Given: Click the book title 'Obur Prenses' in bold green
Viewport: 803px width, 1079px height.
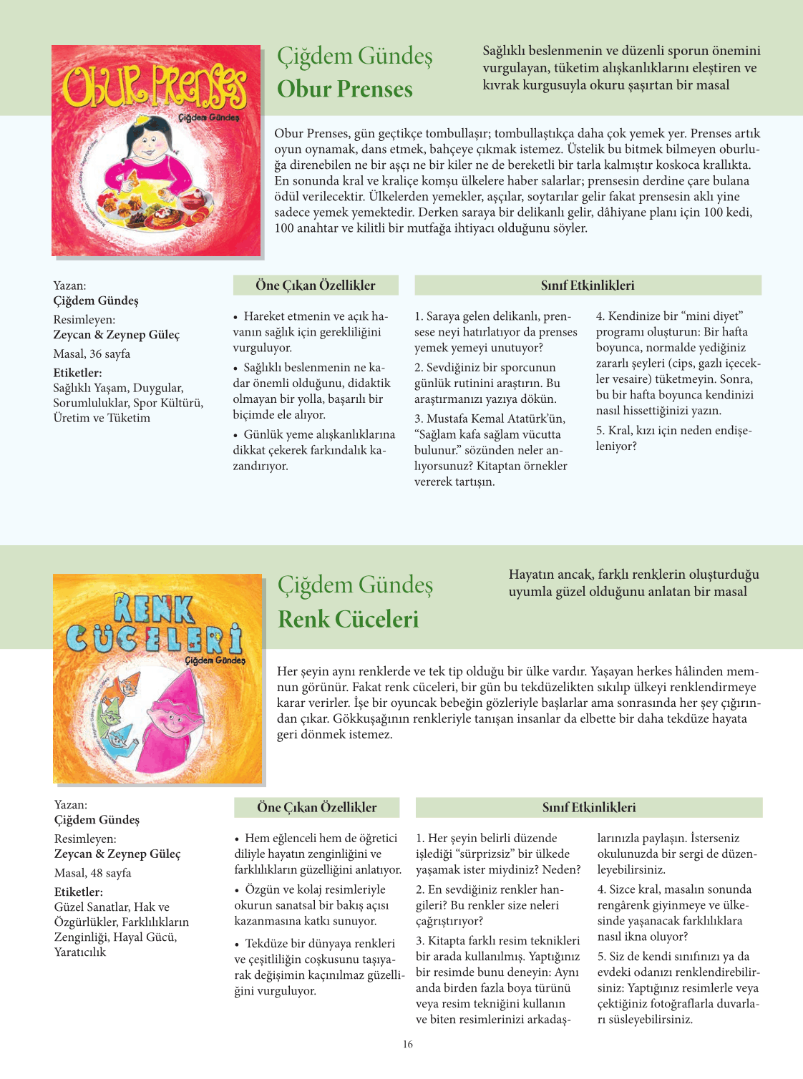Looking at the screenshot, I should pyautogui.click(x=344, y=89).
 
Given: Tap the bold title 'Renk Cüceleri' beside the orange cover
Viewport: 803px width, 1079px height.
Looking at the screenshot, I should pyautogui.click(x=348, y=619).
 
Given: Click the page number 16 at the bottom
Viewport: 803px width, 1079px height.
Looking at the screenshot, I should pyautogui.click(x=407, y=1044).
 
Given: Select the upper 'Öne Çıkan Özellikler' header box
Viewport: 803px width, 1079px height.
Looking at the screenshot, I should pyautogui.click(x=315, y=285).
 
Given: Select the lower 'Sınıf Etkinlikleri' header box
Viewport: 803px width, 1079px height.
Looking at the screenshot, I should pyautogui.click(x=588, y=807).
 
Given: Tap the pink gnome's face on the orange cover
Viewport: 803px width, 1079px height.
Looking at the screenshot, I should pyautogui.click(x=172, y=716).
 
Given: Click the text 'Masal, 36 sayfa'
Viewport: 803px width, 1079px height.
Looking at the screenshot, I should pyautogui.click(x=92, y=353).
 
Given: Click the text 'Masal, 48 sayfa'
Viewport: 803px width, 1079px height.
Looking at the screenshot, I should pyautogui.click(x=92, y=873).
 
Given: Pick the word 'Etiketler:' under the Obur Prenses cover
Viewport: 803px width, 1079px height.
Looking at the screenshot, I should pyautogui.click(x=77, y=373).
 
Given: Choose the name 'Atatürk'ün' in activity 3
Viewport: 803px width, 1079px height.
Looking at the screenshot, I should pyautogui.click(x=535, y=419).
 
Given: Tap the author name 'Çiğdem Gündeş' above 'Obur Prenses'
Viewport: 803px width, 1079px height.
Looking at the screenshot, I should pyautogui.click(x=354, y=56).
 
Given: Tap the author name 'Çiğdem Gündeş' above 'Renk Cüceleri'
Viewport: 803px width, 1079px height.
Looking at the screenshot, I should pyautogui.click(x=355, y=585).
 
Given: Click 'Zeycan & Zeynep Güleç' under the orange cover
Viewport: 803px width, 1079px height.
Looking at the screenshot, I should pyautogui.click(x=117, y=854).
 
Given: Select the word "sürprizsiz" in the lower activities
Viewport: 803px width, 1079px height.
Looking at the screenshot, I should pyautogui.click(x=485, y=854).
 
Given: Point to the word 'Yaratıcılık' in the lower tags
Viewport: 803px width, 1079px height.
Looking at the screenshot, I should pyautogui.click(x=79, y=952).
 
